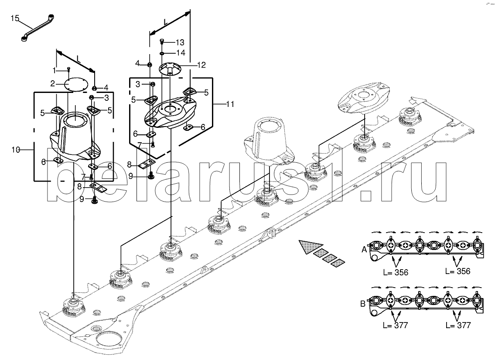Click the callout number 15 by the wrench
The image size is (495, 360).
(x=15, y=18)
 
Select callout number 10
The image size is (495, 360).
(x=16, y=150)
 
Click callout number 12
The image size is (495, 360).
(x=201, y=65)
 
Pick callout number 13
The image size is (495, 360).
(x=180, y=42)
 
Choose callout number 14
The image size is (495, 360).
(x=180, y=53)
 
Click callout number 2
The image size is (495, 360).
(x=52, y=83)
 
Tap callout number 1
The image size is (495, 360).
(x=55, y=70)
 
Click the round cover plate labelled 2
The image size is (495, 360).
(x=74, y=83)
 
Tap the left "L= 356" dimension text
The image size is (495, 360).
(x=395, y=273)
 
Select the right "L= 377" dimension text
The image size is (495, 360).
(x=458, y=326)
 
